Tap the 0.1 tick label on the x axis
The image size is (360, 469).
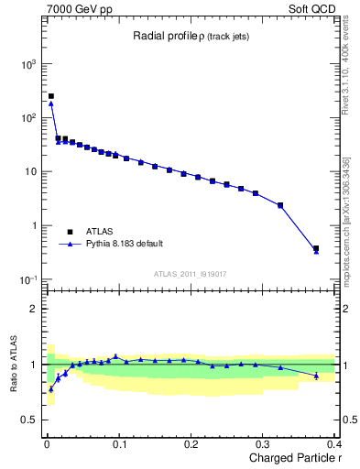[x=119, y=444]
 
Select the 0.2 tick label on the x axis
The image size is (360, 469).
[x=191, y=444]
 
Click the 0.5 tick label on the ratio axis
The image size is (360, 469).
[x=29, y=420]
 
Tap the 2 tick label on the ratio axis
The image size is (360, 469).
[x=33, y=309]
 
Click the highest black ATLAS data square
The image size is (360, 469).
[x=50, y=96]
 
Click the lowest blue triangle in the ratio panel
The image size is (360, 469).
[x=50, y=389]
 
